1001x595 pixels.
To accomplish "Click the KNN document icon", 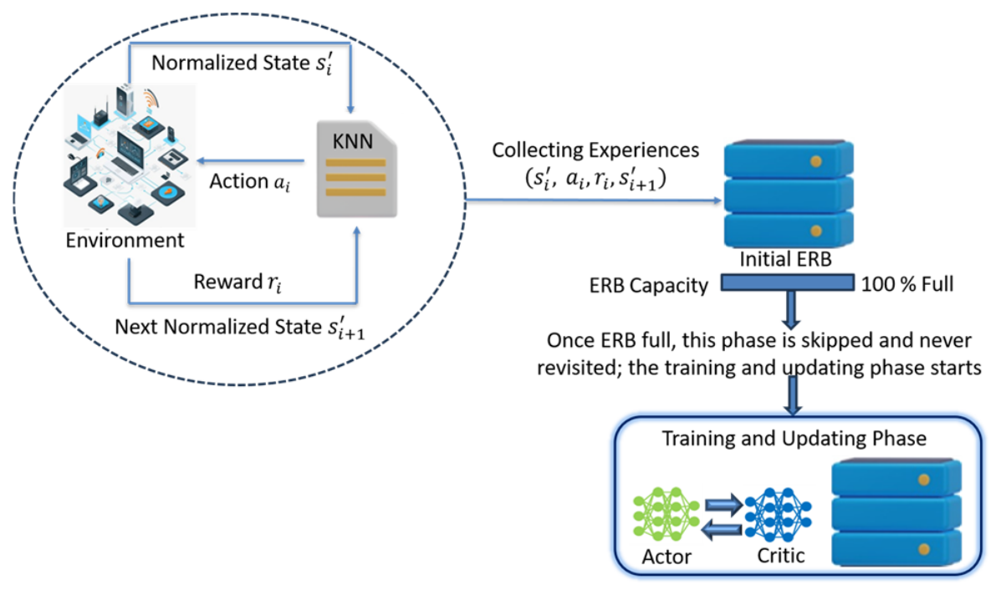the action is [x=357, y=170].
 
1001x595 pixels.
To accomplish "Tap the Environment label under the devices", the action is [x=125, y=241].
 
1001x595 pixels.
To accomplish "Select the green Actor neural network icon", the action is [x=666, y=514].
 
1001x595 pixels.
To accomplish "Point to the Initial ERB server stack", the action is [x=789, y=194].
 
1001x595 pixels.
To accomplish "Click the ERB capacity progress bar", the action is [x=788, y=282].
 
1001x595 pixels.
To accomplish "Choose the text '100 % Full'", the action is [x=907, y=284].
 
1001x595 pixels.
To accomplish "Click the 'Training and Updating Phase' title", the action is [x=794, y=438].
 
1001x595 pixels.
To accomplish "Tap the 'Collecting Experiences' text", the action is [x=595, y=150].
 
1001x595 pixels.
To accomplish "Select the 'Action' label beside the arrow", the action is [x=238, y=181].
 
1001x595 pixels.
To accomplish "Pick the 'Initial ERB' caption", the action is [x=785, y=259].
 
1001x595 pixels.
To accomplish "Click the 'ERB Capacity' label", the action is [x=649, y=285].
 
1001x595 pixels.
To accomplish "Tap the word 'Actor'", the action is [x=666, y=557].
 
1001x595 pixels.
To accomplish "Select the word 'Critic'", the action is [x=781, y=556].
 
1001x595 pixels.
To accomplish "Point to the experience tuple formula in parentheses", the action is [x=595, y=178].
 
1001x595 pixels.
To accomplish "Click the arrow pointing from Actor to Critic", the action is [x=724, y=505].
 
